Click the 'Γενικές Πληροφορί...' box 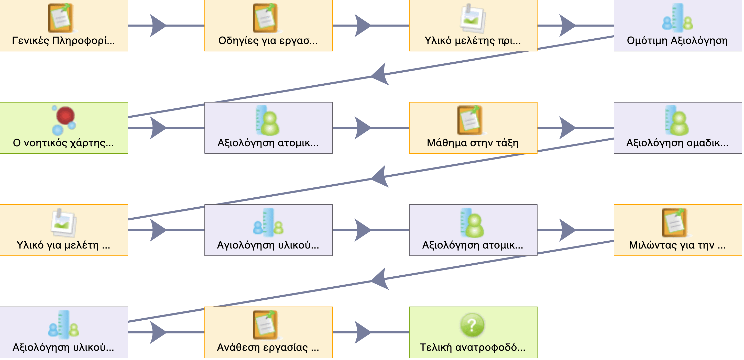click(x=64, y=26)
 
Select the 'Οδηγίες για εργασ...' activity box click(x=268, y=26)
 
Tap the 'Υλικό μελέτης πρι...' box click(x=473, y=26)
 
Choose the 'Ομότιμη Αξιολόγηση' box click(x=677, y=26)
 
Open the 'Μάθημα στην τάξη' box click(x=473, y=128)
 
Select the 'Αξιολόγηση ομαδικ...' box click(x=677, y=128)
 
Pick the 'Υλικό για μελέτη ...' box click(x=64, y=230)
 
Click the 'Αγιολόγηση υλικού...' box click(x=268, y=230)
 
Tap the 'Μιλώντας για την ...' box click(x=677, y=230)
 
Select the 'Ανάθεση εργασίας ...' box click(x=268, y=332)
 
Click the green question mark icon click(x=472, y=325)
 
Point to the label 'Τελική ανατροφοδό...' click(x=473, y=347)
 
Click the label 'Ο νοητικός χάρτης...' click(x=63, y=143)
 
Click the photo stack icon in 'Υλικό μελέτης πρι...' click(x=473, y=18)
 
